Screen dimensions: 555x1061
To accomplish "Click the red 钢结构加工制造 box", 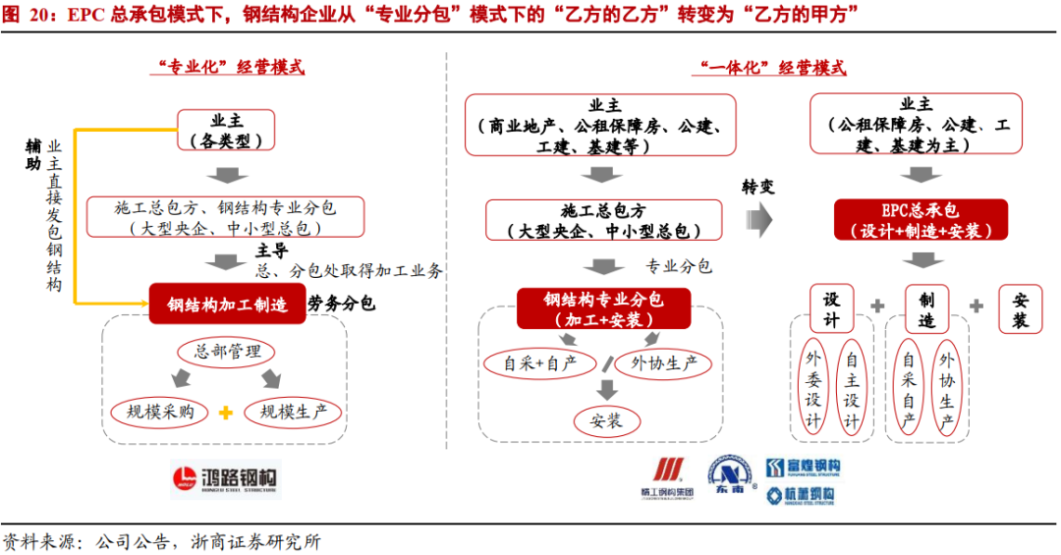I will point(227,305).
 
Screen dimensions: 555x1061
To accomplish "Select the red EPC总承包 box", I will point(921,221).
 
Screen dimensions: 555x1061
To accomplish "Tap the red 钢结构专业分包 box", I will point(603,308).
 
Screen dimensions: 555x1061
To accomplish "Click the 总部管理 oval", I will point(227,352).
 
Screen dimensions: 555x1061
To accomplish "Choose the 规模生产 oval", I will point(294,412).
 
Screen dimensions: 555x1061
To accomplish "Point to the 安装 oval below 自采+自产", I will point(606,421).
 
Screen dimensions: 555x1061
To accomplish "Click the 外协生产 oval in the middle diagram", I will point(665,363).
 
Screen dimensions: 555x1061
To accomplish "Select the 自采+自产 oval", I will point(541,363).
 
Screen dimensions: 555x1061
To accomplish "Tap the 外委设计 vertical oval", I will point(814,390).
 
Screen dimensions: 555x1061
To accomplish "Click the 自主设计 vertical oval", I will point(852,390).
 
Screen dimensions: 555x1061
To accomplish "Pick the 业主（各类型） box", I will point(227,131).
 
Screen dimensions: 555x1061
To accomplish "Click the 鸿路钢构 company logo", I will point(226,480).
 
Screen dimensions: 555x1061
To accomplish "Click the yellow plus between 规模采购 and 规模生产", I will point(226,413).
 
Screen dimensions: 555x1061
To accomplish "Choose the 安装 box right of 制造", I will point(1020,309).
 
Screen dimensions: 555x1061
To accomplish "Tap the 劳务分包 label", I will point(341,305).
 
